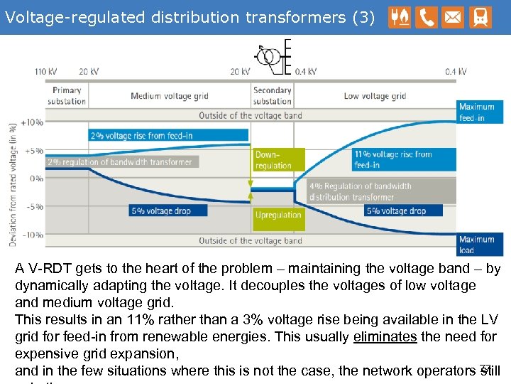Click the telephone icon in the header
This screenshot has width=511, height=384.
(x=427, y=17)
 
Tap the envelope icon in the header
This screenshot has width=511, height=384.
(x=452, y=17)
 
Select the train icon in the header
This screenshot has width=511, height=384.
(x=479, y=17)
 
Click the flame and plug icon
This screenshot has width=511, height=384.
(x=400, y=17)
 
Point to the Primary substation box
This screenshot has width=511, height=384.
(x=67, y=95)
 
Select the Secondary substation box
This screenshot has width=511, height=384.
(x=273, y=95)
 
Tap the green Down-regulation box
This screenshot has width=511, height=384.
(x=278, y=160)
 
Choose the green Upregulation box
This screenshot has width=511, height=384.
(x=278, y=215)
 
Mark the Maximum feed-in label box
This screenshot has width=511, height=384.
(x=480, y=112)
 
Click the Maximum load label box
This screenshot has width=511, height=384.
(x=480, y=244)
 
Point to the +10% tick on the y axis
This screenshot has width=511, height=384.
(x=33, y=122)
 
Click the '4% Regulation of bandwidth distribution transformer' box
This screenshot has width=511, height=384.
(x=381, y=191)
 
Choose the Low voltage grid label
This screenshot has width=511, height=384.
(x=375, y=96)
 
